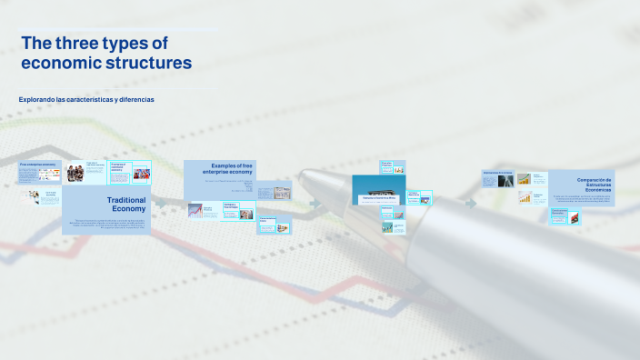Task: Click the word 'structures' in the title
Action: [150, 63]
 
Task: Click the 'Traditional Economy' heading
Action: [126, 204]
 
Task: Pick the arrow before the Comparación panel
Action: [471, 203]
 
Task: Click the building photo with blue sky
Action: [378, 188]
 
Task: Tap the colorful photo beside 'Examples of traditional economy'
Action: [142, 173]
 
